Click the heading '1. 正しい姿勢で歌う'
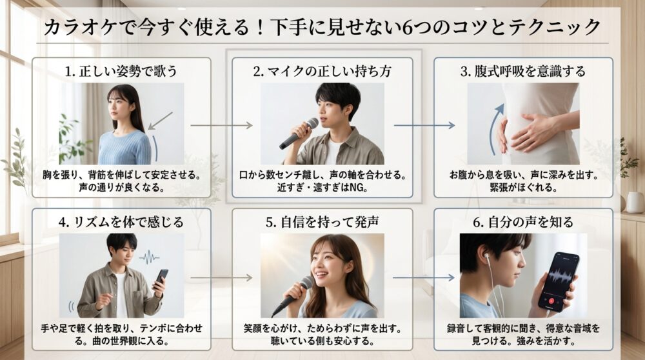(121, 72)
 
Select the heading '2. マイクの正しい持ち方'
(322, 72)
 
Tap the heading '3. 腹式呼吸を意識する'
(523, 72)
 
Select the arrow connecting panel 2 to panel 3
(423, 126)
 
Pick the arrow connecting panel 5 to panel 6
(423, 278)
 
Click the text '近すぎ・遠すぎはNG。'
(322, 186)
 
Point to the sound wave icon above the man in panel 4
(149, 257)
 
